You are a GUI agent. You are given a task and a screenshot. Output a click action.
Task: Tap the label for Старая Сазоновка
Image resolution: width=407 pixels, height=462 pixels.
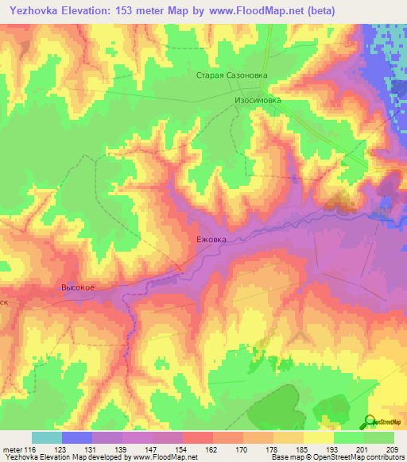tap(233, 76)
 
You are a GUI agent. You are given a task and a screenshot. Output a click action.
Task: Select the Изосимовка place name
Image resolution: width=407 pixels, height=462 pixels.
tap(258, 102)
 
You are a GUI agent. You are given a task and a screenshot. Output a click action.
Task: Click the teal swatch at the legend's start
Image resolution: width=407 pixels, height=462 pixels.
tap(47, 437)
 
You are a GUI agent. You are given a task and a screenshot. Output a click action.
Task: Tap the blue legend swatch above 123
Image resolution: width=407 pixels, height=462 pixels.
tap(77, 437)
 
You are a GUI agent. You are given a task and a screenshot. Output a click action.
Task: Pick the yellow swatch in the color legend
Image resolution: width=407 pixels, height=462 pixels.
tap(319, 437)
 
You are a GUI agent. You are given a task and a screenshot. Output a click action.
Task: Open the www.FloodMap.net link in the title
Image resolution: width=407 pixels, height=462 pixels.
tap(246, 11)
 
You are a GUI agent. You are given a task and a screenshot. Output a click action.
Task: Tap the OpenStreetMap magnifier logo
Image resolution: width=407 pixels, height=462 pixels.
tap(371, 422)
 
